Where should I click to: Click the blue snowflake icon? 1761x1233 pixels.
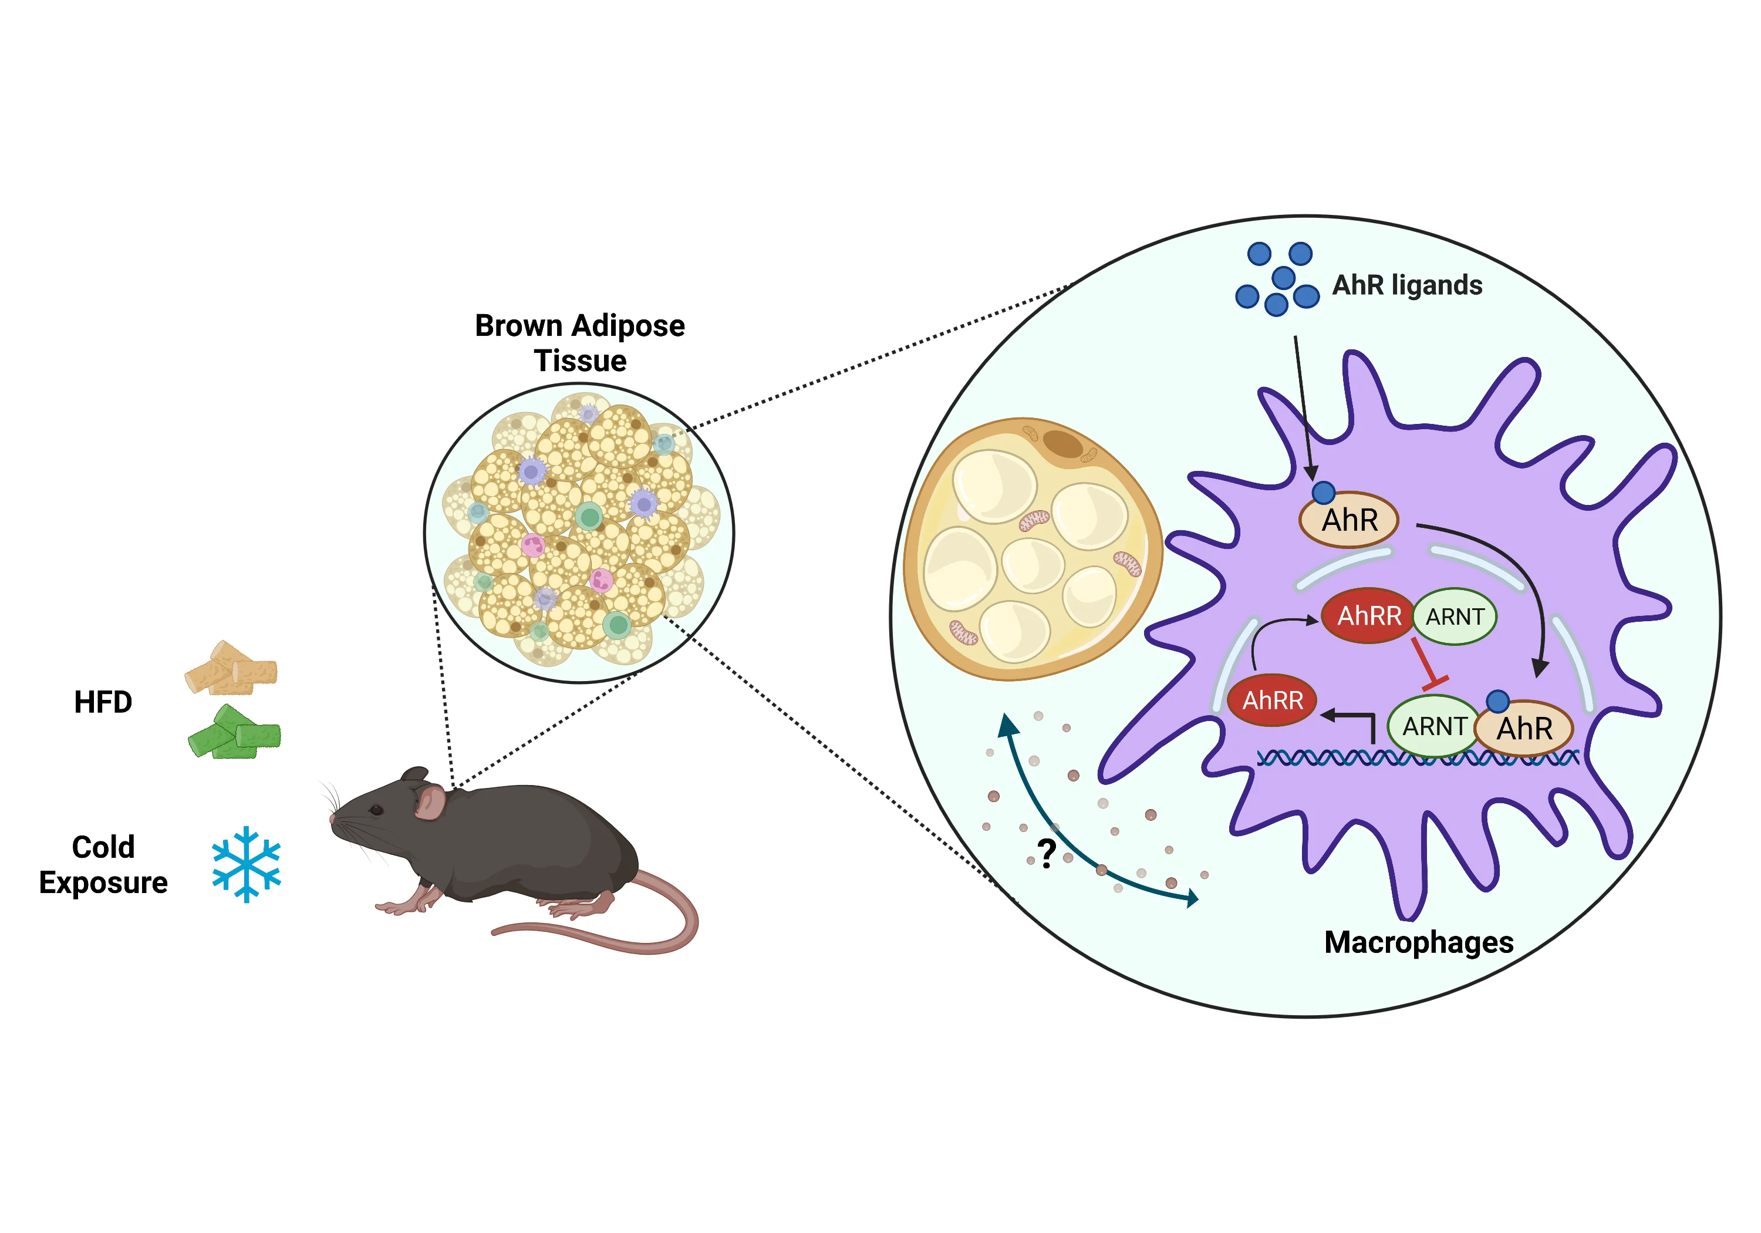[246, 863]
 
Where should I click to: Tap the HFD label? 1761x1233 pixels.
[103, 702]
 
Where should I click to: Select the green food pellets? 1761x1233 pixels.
[235, 733]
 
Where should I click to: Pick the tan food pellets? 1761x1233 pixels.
[231, 669]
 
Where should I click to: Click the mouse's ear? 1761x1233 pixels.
[430, 803]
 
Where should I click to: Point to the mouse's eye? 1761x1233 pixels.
[376, 810]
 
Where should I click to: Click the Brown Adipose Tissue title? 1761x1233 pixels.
[580, 343]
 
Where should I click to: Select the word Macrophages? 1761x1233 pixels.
[1418, 942]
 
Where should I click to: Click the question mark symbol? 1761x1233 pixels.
[1046, 853]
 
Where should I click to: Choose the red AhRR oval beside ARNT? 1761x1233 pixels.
[1368, 615]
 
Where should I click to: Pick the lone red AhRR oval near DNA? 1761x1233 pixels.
[1273, 700]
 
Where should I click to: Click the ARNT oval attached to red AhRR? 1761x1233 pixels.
[1454, 616]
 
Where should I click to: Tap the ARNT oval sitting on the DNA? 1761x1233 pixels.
[1433, 726]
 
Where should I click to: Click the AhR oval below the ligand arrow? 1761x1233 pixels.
[1349, 520]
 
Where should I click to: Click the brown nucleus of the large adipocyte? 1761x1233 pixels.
[1062, 443]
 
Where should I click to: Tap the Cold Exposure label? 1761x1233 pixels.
[103, 865]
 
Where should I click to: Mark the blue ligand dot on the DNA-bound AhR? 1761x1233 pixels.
[1498, 700]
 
